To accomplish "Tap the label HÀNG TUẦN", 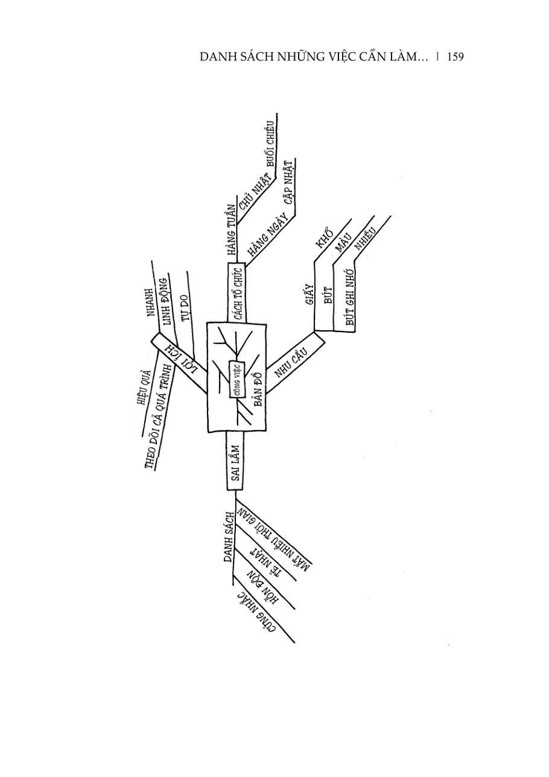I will coord(231,231).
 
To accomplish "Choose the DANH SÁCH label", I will coord(228,537).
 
